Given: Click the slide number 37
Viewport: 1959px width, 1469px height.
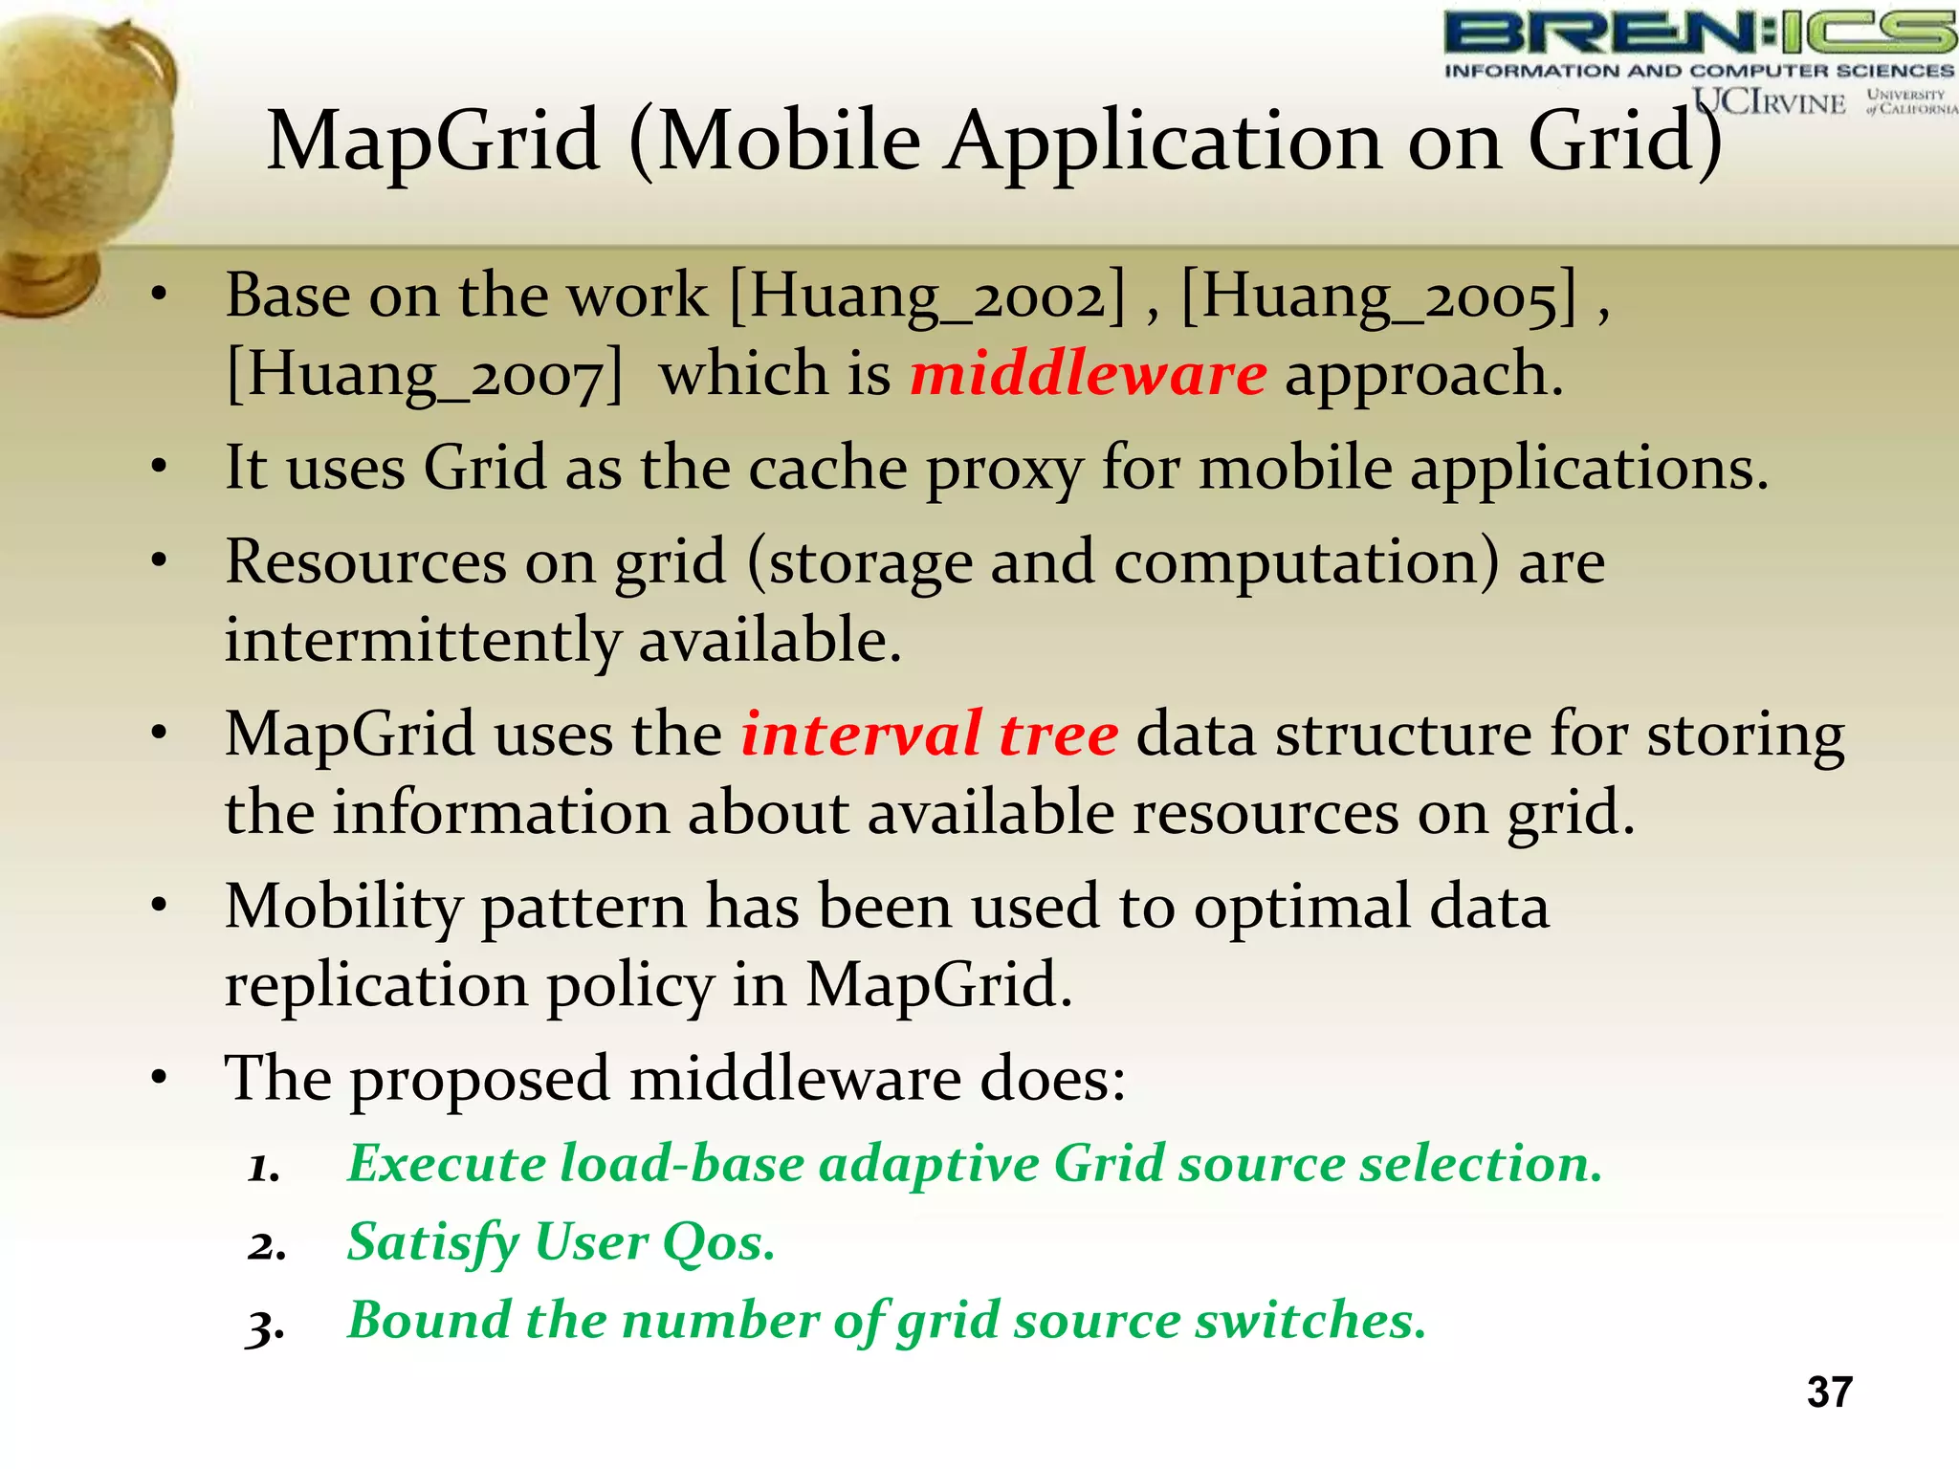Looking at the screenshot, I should point(1829,1392).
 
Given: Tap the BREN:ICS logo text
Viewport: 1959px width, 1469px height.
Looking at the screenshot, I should point(1699,33).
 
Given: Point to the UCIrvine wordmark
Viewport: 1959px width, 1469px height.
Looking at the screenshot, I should point(1769,100).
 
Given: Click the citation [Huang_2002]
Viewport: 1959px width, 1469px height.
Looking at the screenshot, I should point(927,296).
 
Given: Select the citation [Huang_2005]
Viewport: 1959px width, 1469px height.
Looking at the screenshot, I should point(1379,296).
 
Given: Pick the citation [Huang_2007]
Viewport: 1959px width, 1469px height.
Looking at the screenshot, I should point(425,375).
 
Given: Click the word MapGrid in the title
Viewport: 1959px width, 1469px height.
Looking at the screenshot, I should point(433,142).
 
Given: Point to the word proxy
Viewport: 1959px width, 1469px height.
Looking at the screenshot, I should point(1004,471).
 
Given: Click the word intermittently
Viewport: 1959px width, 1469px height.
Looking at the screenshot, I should point(422,640).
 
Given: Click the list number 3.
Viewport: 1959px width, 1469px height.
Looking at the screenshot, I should point(265,1326).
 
